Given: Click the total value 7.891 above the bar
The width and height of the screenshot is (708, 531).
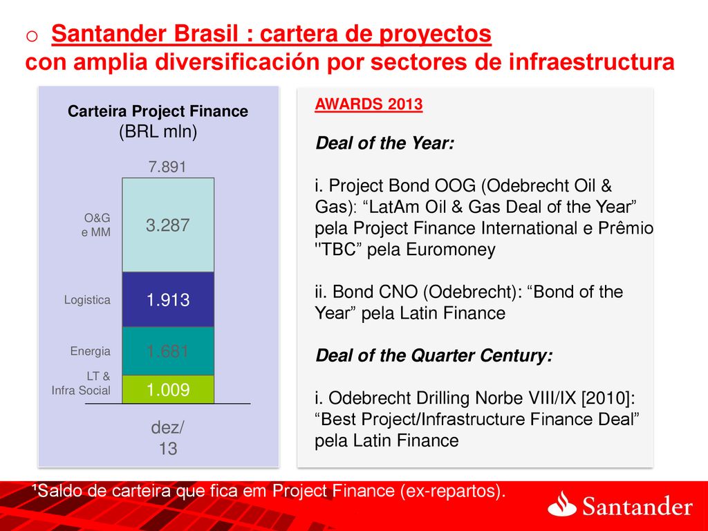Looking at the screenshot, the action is [167, 167].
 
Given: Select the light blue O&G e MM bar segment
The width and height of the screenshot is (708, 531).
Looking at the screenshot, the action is [168, 225].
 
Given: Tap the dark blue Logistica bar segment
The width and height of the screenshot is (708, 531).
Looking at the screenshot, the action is [168, 299].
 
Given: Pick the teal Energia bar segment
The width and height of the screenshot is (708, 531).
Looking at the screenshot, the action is [168, 351].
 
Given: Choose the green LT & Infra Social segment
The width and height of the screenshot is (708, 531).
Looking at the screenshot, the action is [168, 389].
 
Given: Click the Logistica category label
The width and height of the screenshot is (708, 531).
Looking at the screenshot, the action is [87, 300].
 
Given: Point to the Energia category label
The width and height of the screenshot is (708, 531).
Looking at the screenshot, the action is [91, 351].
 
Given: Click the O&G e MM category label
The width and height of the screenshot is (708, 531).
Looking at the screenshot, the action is [96, 225].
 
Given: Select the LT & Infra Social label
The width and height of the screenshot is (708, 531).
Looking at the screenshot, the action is [82, 383].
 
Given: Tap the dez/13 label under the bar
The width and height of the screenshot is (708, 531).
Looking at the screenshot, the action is [167, 438].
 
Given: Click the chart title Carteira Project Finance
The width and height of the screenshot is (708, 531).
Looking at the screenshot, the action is [158, 111].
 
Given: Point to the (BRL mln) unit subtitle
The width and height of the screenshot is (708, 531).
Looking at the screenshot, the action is [158, 131].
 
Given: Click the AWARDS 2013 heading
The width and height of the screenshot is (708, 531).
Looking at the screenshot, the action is [369, 104].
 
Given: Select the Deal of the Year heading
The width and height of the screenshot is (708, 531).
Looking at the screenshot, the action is [384, 143].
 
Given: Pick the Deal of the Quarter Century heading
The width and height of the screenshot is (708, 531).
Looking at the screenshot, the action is [434, 355].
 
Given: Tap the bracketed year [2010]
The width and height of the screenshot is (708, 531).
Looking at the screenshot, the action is [608, 398].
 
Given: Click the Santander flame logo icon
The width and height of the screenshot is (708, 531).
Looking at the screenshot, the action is [561, 503].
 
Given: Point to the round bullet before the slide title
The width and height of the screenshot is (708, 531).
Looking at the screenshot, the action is [32, 36].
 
